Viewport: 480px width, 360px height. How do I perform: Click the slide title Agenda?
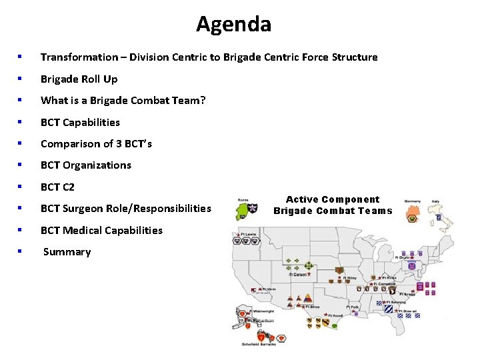233,25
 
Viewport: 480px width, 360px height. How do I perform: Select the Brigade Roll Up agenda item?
79,79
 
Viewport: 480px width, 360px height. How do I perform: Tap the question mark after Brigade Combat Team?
203,101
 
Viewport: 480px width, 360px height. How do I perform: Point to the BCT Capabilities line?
80,123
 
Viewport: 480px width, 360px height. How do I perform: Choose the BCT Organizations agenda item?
85,165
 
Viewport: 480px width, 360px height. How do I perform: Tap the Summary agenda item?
67,252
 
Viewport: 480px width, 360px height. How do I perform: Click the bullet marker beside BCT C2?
21,187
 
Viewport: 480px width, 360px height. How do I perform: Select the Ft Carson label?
297,274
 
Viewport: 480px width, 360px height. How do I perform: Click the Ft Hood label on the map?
335,315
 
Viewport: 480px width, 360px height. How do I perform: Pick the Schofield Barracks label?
258,344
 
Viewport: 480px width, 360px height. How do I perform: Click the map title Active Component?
333,199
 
